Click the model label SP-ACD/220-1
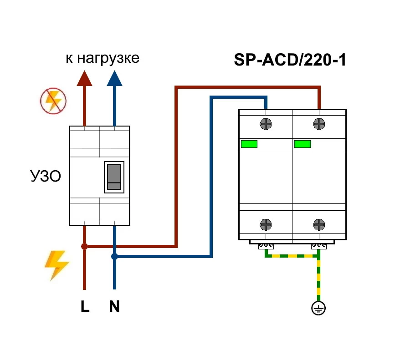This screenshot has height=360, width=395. tap(290, 60)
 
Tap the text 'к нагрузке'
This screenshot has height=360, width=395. tap(102, 58)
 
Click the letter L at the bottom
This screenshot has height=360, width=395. tap(85, 307)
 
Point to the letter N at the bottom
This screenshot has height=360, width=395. tap(114, 307)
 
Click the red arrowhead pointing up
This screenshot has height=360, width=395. tap(84, 78)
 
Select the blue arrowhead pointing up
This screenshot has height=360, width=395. tap(114, 78)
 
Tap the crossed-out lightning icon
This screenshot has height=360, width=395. tap(53, 101)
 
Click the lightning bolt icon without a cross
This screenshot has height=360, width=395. tap(56, 265)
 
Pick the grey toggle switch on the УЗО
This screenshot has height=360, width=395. tap(114, 177)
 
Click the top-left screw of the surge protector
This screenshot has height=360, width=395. tap(266, 123)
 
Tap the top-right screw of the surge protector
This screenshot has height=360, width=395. tap(319, 123)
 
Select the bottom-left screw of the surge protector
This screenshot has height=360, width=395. tap(266, 224)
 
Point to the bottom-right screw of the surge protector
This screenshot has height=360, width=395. tap(319, 224)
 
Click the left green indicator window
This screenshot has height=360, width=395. tap(249, 144)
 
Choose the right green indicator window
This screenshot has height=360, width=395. tap(303, 144)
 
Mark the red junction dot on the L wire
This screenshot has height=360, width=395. tap(84, 246)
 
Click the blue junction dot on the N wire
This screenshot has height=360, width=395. tap(114, 257)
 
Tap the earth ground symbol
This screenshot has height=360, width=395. tap(318, 309)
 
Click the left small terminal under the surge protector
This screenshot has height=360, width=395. tap(266, 246)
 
